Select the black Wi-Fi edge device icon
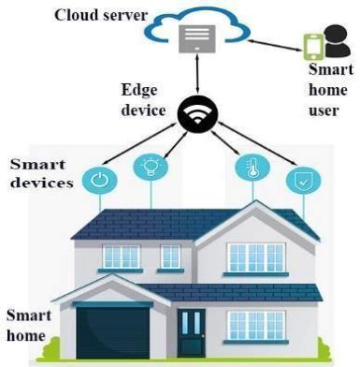(197, 113)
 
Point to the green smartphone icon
(313, 46)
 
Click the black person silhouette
(336, 41)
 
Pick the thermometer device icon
(249, 169)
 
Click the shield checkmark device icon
(301, 179)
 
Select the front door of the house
(191, 333)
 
